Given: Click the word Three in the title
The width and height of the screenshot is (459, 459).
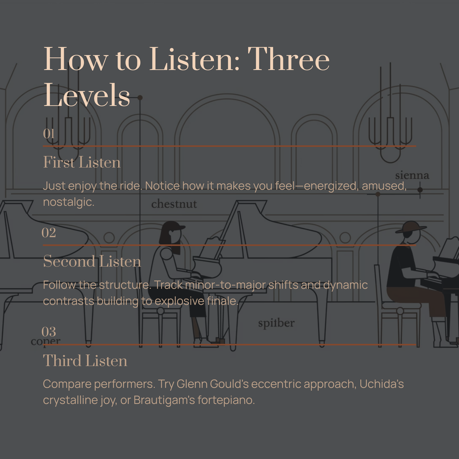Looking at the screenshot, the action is click(289, 59).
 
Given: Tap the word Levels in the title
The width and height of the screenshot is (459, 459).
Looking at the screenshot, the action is click(87, 95).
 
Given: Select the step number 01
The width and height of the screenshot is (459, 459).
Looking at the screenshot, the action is click(49, 134).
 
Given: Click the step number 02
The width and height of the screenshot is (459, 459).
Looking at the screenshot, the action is click(49, 233).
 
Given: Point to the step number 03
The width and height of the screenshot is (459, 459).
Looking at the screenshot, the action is click(49, 332).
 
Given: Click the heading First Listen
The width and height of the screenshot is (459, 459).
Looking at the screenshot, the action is click(82, 162).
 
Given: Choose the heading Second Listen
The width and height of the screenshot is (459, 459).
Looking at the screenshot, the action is click(92, 261).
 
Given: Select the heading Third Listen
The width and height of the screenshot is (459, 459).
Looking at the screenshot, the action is click(85, 361).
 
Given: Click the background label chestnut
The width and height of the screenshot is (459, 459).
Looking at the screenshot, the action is click(174, 204).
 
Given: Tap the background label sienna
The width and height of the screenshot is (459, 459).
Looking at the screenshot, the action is click(412, 175).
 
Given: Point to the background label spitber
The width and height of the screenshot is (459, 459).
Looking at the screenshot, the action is click(276, 323).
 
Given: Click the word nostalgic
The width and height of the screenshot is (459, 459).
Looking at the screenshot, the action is click(69, 202).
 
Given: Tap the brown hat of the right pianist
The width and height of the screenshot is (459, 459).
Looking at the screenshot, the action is click(411, 226).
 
